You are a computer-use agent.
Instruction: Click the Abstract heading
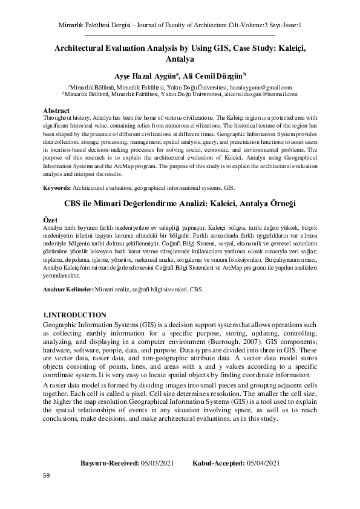(57, 111)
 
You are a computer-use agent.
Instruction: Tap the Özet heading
(51, 218)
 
